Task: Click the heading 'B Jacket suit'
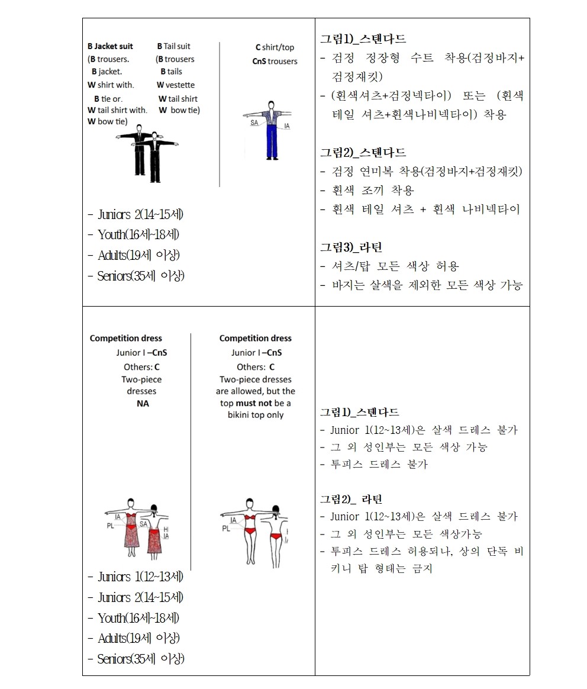[110, 46]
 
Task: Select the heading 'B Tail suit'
[173, 46]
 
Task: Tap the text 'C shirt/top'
[275, 47]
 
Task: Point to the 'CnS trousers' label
[275, 61]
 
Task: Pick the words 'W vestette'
[176, 85]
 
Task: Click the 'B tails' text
[171, 72]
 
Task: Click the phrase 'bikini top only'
[256, 415]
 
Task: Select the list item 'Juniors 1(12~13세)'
[136, 577]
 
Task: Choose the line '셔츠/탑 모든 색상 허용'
[395, 266]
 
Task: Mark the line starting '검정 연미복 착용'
[420, 172]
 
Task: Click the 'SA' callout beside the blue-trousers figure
[254, 123]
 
